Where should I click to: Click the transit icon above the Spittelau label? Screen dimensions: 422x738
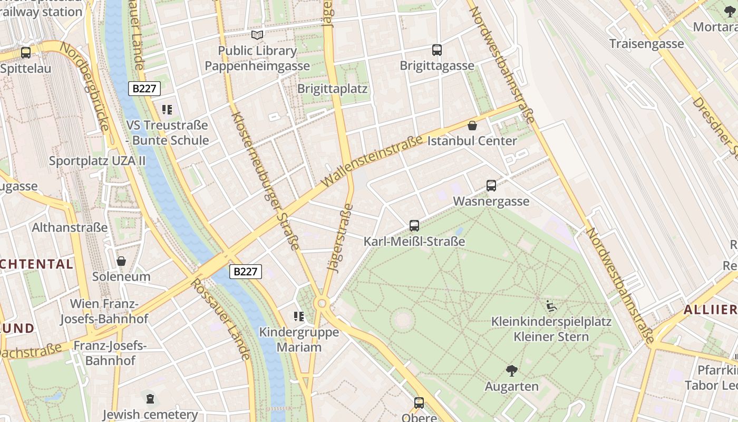point(25,53)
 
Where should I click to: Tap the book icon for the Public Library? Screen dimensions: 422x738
point(257,35)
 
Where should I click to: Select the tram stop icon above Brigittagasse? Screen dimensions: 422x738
point(437,50)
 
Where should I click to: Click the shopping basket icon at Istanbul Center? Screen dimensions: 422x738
point(472,126)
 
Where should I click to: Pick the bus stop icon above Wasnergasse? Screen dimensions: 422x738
point(491,186)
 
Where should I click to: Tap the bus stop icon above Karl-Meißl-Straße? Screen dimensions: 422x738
point(414,226)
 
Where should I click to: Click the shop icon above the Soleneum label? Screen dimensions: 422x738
point(121,261)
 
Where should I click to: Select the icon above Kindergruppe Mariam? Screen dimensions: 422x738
point(299,316)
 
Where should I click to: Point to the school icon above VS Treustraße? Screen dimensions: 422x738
point(167,110)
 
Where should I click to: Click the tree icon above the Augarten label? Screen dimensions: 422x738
point(511,370)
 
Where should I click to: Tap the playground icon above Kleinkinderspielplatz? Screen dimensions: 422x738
point(551,305)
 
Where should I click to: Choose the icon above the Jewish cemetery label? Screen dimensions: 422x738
point(150,398)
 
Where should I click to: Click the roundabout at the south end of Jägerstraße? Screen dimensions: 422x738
point(322,303)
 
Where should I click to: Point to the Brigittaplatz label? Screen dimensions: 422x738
point(332,88)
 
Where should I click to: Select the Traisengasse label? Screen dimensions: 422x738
point(646,43)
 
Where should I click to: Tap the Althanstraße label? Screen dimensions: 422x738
point(70,227)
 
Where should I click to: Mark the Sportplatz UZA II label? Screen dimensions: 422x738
point(97,161)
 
